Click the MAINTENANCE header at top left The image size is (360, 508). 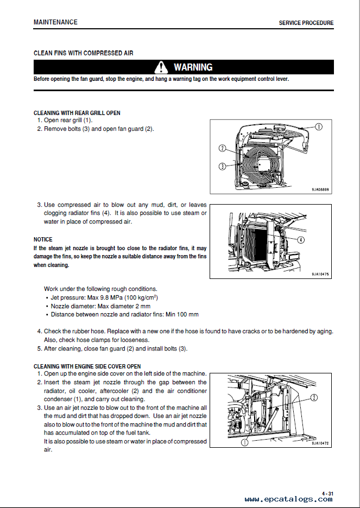coord(55,22)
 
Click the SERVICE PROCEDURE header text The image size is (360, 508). coord(306,23)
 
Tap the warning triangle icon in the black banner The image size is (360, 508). coord(161,67)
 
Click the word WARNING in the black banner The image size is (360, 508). coord(193,67)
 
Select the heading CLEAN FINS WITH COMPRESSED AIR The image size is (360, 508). coord(83,53)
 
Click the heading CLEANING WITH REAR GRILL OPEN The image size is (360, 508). coord(77,113)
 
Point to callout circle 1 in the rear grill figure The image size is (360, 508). coord(318,126)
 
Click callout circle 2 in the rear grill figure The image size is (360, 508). coord(222,148)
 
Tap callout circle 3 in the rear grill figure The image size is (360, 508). coord(222,166)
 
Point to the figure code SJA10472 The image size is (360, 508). coord(320,443)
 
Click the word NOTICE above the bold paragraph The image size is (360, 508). coord(43,239)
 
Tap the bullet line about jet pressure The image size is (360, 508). coord(104,298)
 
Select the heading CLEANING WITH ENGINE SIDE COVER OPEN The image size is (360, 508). coord(87,366)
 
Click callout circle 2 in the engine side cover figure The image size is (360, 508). coord(313,398)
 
